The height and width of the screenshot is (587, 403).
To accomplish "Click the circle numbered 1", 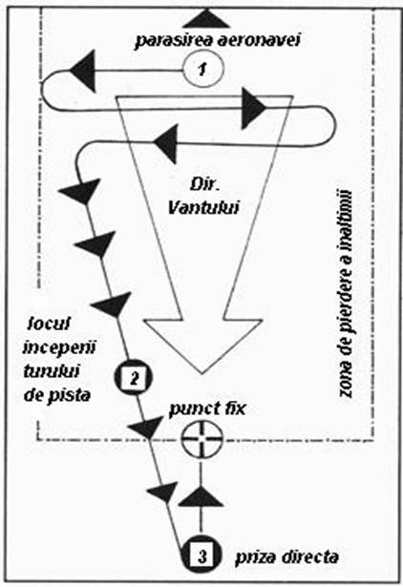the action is (203, 70).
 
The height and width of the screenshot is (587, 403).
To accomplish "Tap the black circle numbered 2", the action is (134, 378).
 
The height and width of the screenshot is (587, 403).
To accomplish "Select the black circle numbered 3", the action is (201, 556).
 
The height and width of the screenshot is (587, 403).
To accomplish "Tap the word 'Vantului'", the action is (203, 208).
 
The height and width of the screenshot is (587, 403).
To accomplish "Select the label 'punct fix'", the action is (207, 409).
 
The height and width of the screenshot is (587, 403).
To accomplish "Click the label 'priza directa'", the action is (286, 557).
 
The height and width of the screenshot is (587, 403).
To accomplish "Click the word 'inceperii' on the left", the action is (59, 347).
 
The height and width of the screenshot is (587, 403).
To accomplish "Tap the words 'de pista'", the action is (57, 394).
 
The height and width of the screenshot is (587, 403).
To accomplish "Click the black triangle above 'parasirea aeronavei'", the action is (206, 19).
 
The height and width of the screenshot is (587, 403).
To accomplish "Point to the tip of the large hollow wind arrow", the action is (201, 373).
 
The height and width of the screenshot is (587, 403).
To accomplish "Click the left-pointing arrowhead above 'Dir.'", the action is (164, 143).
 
